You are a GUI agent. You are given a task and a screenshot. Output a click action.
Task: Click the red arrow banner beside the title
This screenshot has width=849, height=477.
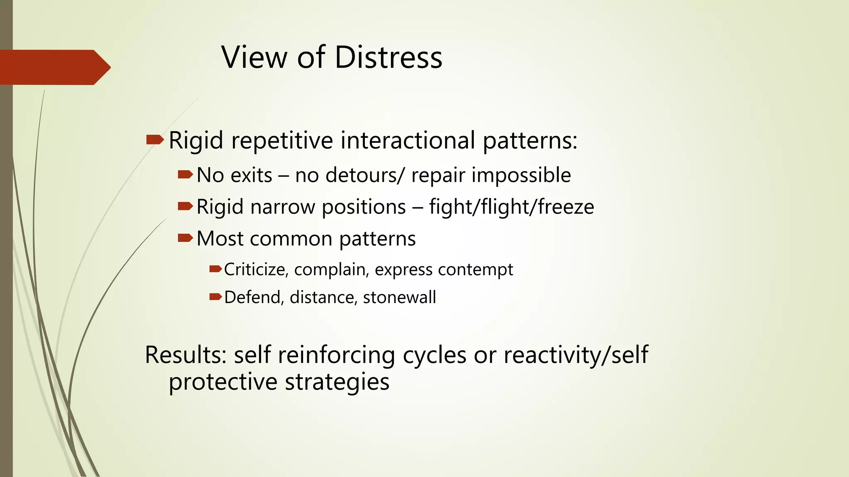click(54, 67)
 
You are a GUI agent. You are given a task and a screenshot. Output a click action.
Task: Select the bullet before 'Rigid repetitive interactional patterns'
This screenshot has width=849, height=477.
click(155, 140)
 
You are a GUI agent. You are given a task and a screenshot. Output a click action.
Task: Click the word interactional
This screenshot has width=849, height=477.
click(408, 140)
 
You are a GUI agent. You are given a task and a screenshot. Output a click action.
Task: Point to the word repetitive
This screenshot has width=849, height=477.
click(282, 140)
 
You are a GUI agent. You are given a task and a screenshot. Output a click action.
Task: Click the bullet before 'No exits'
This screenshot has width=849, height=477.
click(185, 175)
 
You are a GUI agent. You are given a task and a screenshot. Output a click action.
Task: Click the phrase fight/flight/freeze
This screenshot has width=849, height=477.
click(512, 207)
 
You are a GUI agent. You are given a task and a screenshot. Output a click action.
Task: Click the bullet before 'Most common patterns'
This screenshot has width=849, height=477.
click(185, 238)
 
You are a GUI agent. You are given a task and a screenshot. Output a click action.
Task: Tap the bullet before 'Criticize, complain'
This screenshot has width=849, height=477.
click(216, 269)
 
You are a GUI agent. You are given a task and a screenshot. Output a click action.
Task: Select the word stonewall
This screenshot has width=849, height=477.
click(399, 297)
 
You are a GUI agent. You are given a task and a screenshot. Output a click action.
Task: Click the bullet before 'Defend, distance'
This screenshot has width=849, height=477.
click(216, 296)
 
